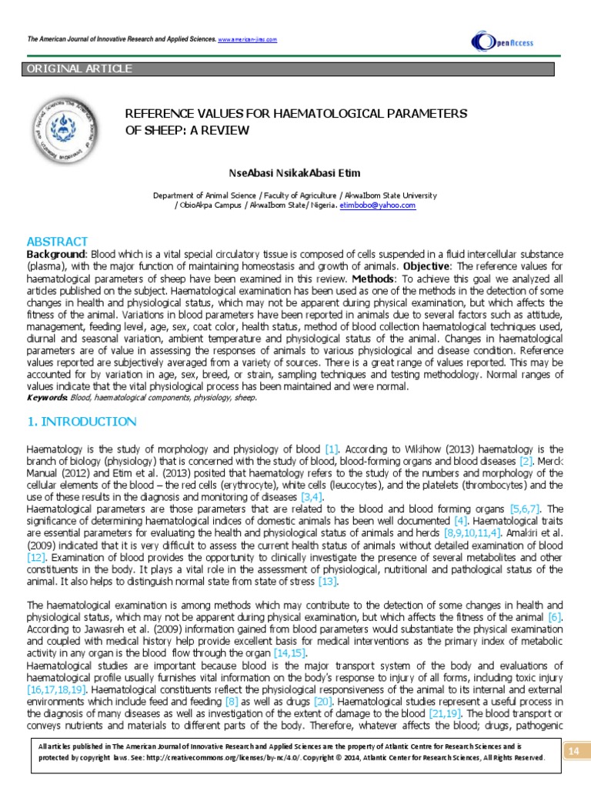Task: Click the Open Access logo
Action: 502,42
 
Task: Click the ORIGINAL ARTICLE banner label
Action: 79,69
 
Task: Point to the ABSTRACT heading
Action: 58,242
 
